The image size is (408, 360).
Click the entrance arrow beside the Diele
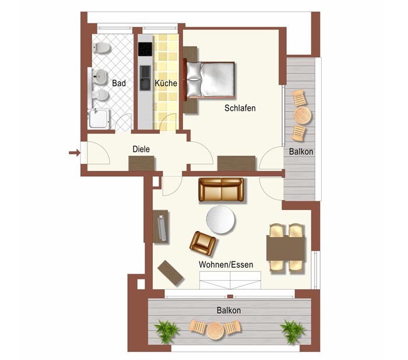click(75, 153)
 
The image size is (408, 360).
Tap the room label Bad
click(119, 83)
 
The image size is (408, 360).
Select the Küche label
click(166, 83)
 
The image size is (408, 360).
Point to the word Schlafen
click(240, 108)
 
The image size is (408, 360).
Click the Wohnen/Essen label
click(226, 265)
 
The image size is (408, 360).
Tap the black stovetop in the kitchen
click(145, 49)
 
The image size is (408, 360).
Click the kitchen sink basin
click(145, 78)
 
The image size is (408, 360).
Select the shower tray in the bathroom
click(99, 119)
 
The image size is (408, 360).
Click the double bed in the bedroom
click(210, 79)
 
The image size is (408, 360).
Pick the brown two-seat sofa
click(221, 190)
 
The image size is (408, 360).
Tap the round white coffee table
click(220, 219)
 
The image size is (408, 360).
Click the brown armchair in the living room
click(203, 243)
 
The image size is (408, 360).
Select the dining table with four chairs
click(286, 248)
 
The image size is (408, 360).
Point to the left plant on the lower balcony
click(166, 331)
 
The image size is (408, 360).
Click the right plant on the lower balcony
click(293, 331)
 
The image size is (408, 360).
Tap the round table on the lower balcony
click(215, 331)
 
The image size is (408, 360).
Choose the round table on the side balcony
click(303, 115)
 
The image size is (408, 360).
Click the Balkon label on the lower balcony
click(228, 310)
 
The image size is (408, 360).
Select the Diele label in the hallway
click(141, 149)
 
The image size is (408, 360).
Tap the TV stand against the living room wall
click(160, 226)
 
